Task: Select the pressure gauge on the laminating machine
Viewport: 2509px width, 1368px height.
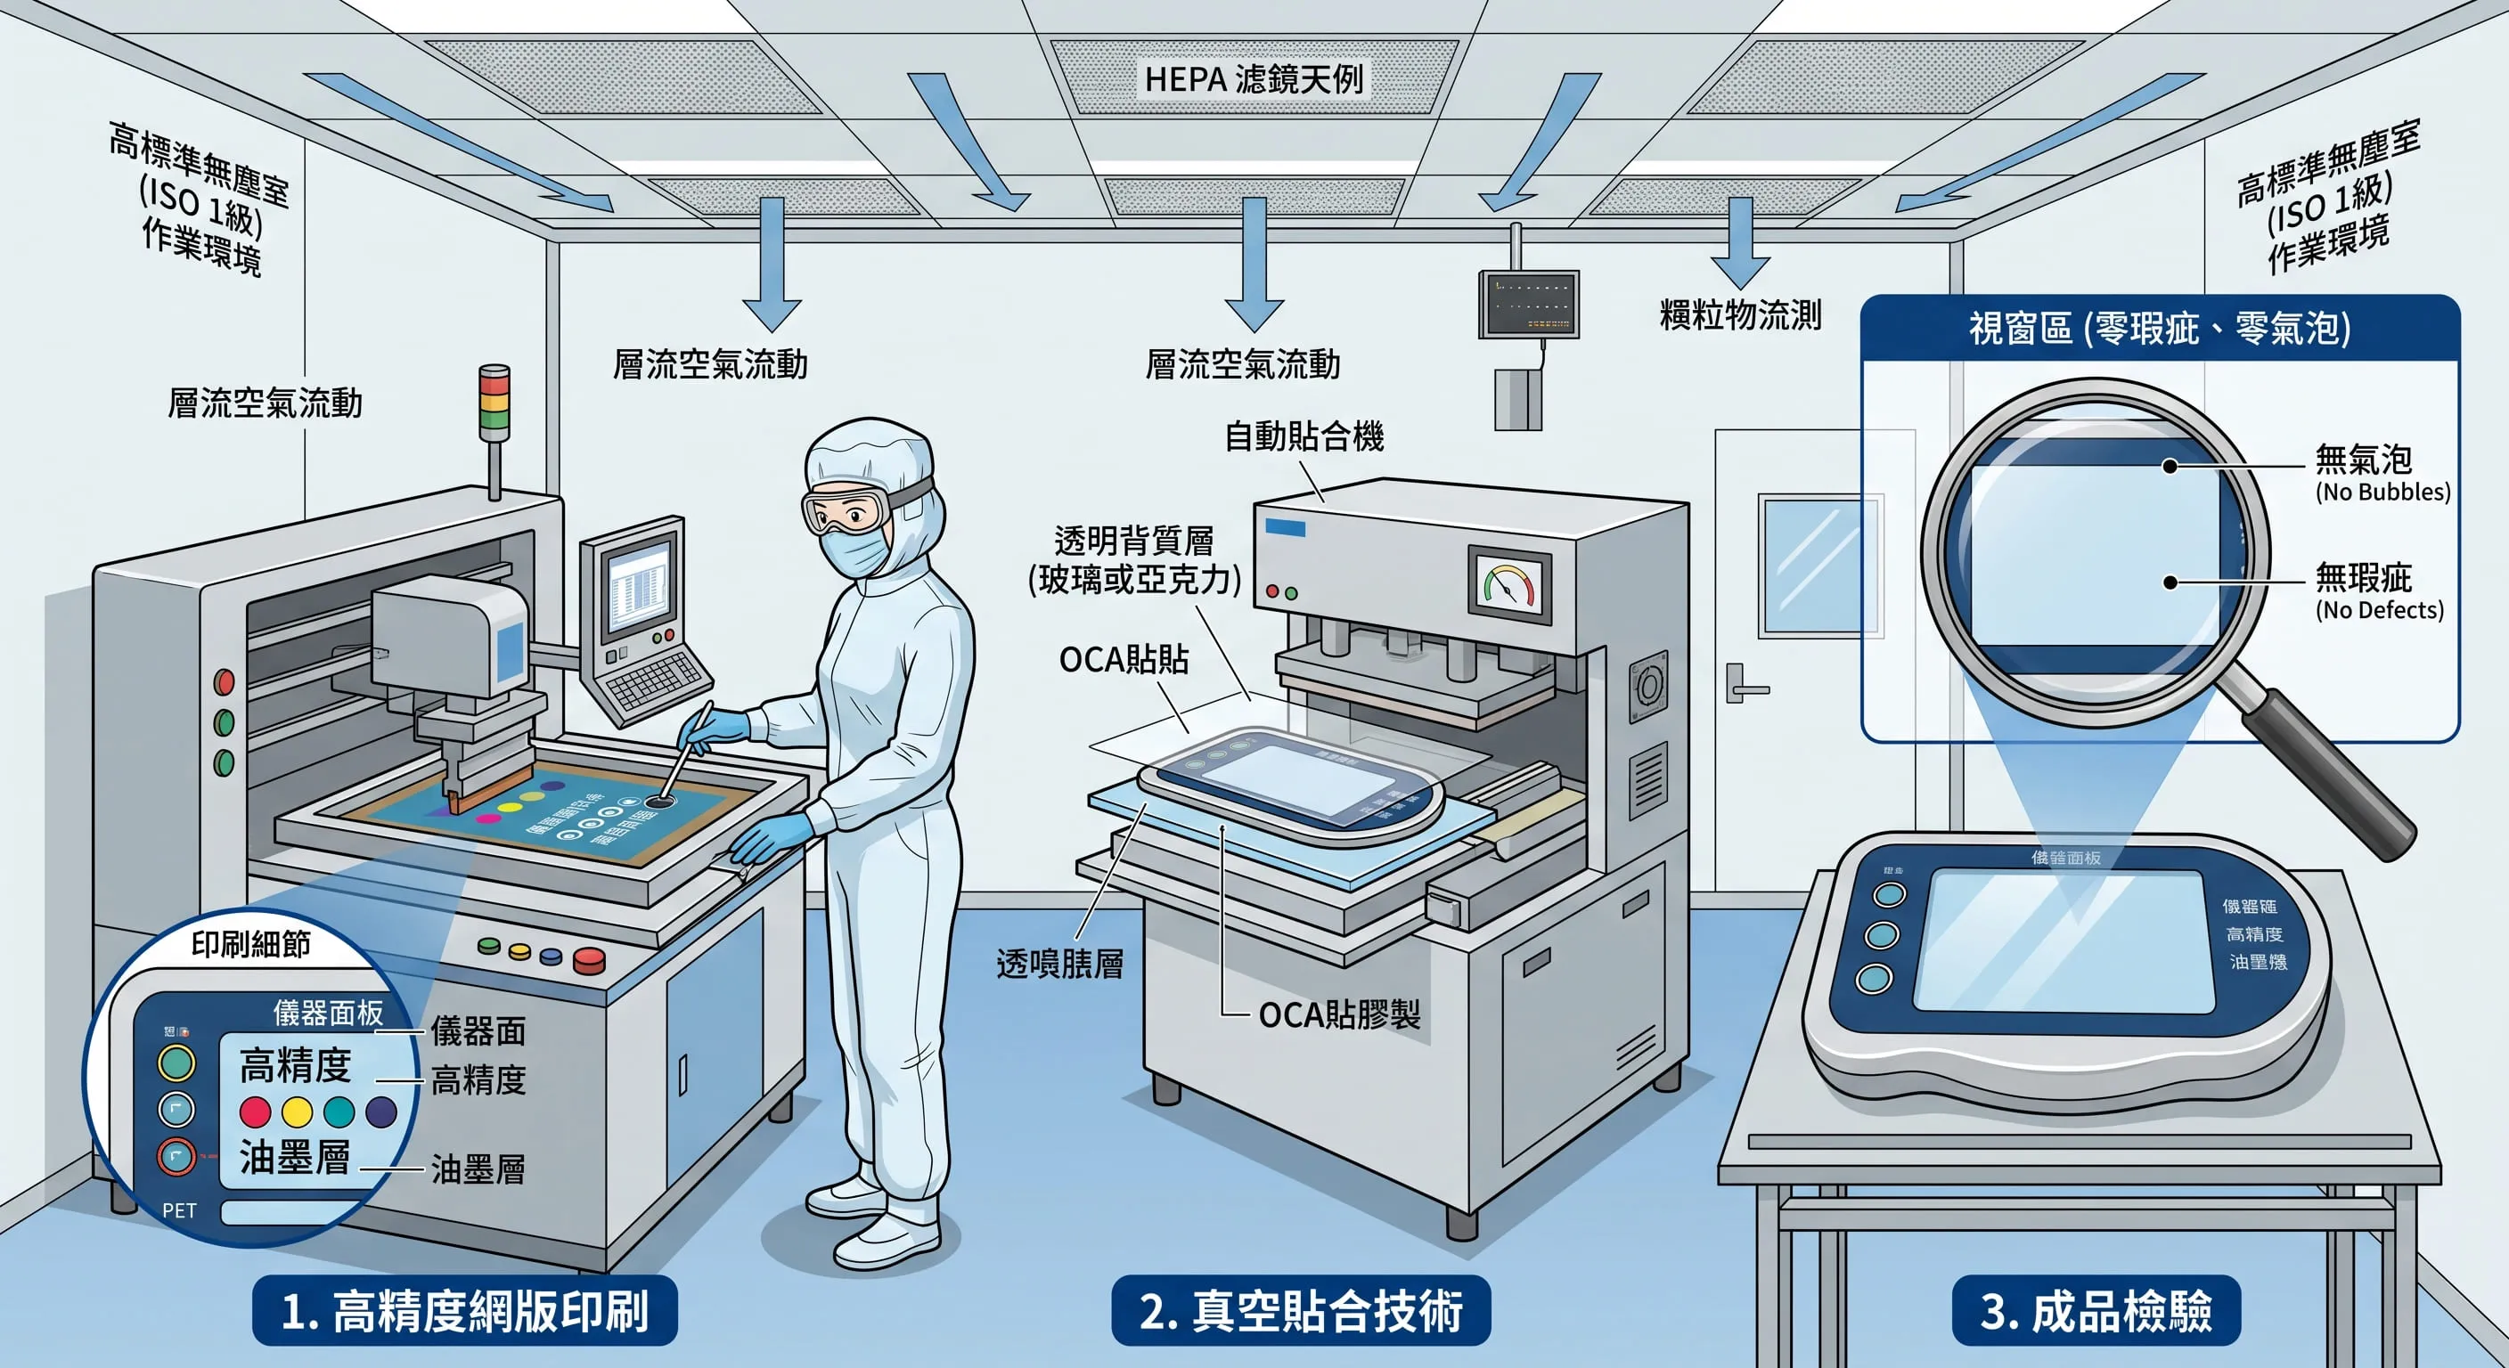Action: [x=1508, y=585]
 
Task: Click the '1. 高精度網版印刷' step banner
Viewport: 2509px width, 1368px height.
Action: [x=464, y=1310]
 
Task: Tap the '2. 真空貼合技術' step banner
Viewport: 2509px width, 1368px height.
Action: [x=1300, y=1310]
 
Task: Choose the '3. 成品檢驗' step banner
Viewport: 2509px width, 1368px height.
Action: [x=2096, y=1310]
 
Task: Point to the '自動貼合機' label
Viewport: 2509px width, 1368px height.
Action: [x=1304, y=437]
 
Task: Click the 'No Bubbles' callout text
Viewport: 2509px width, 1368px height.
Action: [x=2382, y=492]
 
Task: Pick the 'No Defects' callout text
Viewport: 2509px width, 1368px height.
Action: [x=2379, y=610]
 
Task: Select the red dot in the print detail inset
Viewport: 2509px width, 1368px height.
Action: [x=255, y=1111]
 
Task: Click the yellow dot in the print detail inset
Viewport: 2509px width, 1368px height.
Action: [x=297, y=1111]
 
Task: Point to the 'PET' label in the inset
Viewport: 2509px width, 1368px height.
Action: [x=179, y=1210]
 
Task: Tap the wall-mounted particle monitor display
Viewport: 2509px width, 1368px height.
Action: [x=1528, y=304]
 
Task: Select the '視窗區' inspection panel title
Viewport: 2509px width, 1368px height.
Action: [x=2160, y=328]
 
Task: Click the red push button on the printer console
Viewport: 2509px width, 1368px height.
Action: [x=588, y=961]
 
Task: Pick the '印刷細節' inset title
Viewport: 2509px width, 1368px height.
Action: [x=250, y=943]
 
